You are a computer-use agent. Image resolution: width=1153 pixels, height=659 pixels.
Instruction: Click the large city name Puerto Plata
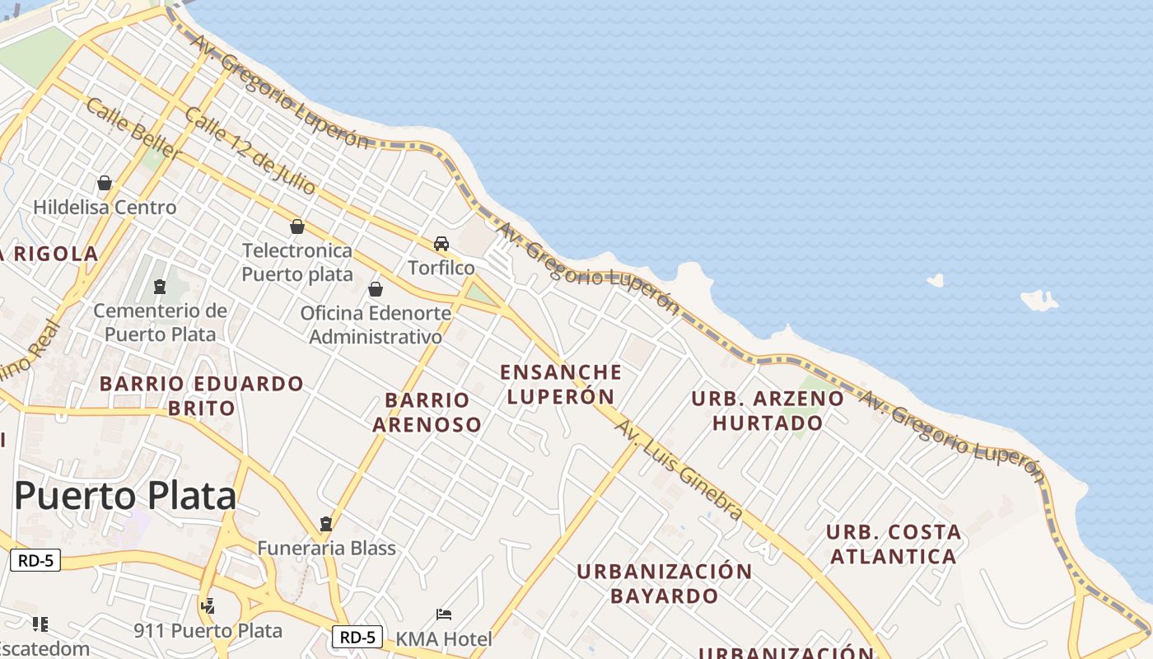pos(126,496)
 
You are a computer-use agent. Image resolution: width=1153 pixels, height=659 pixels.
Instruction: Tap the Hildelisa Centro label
pos(105,207)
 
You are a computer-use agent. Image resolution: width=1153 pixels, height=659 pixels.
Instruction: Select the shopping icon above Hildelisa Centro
pos(105,183)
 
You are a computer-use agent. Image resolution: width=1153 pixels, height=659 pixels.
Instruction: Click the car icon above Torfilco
pos(441,244)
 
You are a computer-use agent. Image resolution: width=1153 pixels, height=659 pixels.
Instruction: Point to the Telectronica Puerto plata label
pos(296,262)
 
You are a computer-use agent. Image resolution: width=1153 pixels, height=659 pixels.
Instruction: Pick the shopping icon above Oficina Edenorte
pos(376,289)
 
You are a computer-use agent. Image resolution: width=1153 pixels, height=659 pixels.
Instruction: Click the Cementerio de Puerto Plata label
pos(160,322)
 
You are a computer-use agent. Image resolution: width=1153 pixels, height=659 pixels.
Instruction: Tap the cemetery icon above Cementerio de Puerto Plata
pos(159,287)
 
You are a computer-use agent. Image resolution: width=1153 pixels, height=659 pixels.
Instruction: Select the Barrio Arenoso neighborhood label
pos(427,412)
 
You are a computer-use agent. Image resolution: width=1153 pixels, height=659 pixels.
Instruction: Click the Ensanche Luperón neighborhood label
pos(561,384)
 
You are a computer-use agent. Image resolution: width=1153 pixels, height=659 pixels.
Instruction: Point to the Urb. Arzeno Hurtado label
pos(768,410)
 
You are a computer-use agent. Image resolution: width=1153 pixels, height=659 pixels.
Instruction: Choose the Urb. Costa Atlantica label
pos(894,544)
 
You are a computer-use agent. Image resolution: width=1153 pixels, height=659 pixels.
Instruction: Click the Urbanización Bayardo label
pos(664,582)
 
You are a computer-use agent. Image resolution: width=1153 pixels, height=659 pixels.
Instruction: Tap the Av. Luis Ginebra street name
pos(679,470)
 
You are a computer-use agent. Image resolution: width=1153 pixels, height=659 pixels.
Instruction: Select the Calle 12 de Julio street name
pos(250,151)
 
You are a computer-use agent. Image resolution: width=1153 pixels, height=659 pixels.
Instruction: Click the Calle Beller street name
pos(132,129)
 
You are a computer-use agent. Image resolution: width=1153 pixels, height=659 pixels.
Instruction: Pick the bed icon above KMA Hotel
pos(444,615)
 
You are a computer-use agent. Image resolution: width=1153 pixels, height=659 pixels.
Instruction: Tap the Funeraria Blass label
pos(326,548)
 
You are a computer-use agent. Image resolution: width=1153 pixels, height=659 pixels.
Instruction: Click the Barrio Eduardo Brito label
pos(202,395)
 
